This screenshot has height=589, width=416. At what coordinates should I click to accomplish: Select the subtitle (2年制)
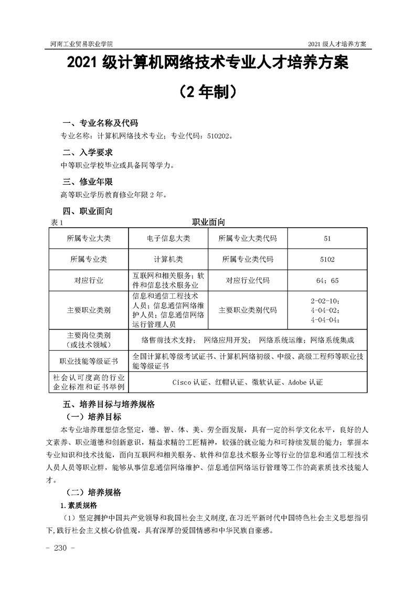(x=207, y=92)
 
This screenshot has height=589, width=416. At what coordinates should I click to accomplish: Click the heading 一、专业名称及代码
(x=100, y=124)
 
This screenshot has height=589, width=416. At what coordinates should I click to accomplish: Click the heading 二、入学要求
(x=88, y=153)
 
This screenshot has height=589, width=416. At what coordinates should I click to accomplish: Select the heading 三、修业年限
(x=88, y=182)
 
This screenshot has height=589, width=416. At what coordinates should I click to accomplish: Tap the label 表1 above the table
(x=57, y=223)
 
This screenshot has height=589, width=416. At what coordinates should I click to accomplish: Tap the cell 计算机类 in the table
(x=168, y=259)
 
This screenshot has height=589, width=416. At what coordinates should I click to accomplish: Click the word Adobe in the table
(x=297, y=382)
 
